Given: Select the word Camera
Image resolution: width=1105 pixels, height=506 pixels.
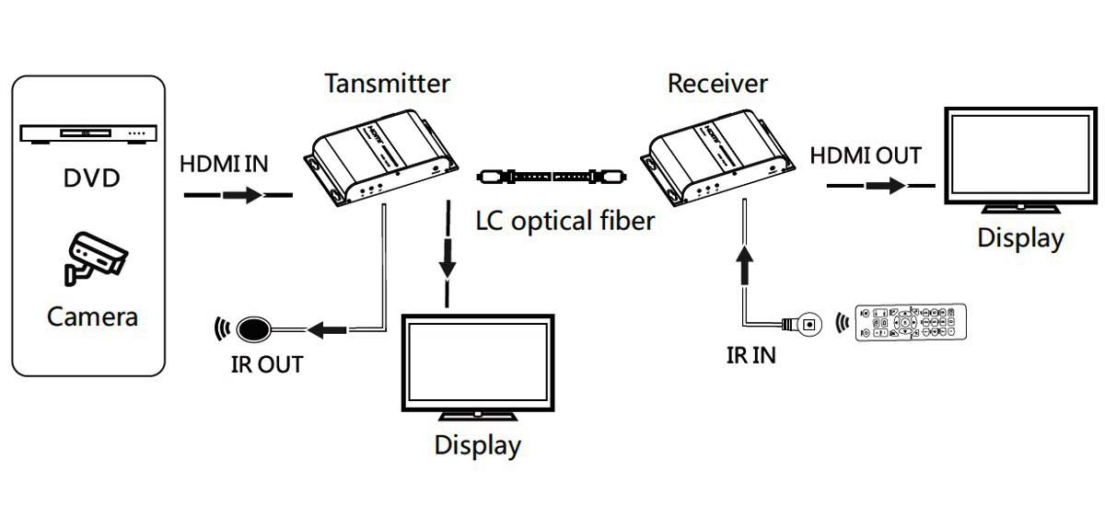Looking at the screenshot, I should (x=92, y=317).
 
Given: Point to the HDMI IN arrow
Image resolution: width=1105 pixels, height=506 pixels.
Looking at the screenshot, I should (x=238, y=195).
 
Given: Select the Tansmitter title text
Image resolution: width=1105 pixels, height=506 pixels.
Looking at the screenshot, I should (x=387, y=84).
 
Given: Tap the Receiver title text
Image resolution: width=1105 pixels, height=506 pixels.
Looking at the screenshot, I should (x=717, y=84).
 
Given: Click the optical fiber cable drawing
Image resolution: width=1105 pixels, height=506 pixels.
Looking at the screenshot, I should (x=552, y=175).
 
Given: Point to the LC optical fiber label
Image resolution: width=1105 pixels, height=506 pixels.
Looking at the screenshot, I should (x=565, y=221).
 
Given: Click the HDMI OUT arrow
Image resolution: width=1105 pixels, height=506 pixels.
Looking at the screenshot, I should (x=878, y=185).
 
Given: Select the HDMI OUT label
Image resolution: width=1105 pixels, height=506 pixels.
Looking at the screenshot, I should (x=866, y=155).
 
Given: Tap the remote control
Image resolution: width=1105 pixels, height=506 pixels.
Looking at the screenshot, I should (x=912, y=323).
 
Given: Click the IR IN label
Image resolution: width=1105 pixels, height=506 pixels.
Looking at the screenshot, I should (x=750, y=355).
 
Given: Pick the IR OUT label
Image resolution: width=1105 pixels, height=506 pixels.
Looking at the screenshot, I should (x=266, y=364).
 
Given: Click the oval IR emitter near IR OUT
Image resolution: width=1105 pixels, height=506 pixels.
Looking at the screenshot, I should (x=254, y=328).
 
